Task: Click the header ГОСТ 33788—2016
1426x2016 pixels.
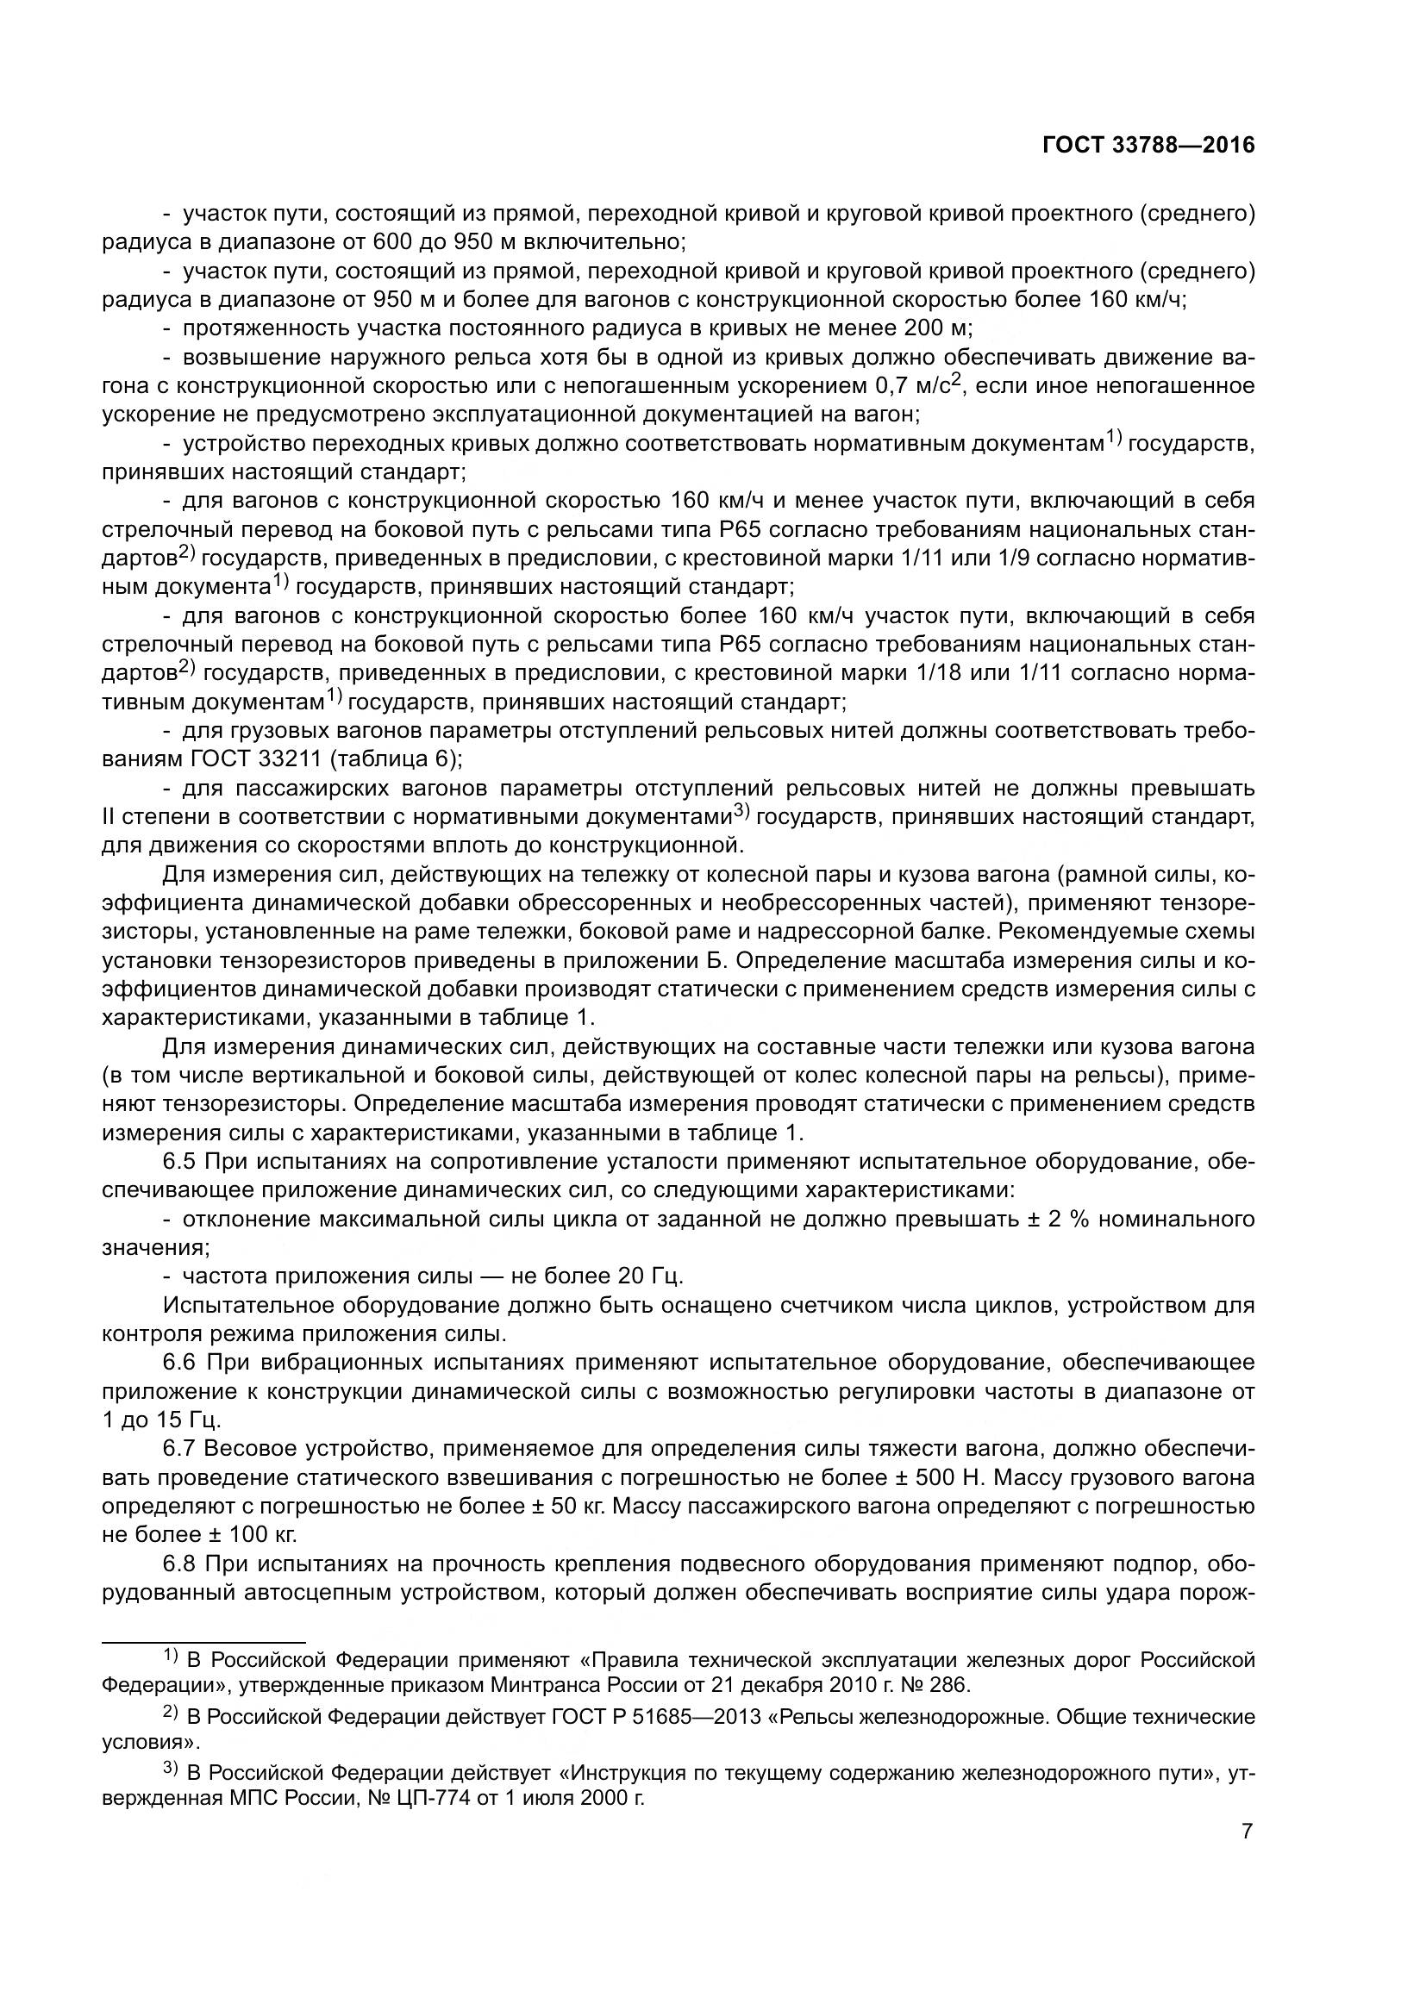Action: click(1148, 146)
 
